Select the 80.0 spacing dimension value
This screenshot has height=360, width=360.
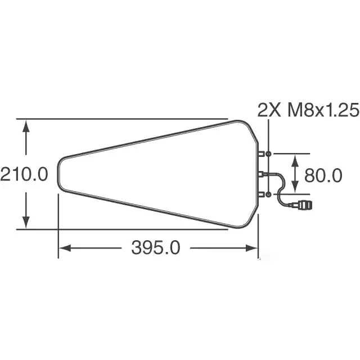tap(323, 175)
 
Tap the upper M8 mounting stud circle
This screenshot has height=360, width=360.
tap(269, 154)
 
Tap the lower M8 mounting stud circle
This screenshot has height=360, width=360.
tap(269, 194)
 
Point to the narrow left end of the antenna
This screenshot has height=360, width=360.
tap(59, 174)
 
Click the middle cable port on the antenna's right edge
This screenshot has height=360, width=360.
tap(262, 174)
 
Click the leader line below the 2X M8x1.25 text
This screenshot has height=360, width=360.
tap(269, 135)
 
